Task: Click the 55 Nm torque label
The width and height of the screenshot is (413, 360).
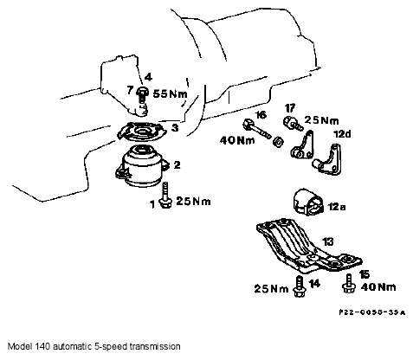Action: pos(170,93)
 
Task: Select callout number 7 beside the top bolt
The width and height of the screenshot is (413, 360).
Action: pos(130,91)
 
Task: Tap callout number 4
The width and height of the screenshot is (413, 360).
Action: pos(148,77)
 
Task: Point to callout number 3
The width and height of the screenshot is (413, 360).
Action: pos(175,127)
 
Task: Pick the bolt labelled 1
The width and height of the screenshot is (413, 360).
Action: pos(165,196)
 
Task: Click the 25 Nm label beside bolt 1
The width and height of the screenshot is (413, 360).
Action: pos(193,201)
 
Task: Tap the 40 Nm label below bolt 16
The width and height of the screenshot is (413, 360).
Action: pos(237,140)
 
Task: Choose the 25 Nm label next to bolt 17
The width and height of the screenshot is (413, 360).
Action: pos(321,120)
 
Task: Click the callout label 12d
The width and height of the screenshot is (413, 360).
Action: pos(342,134)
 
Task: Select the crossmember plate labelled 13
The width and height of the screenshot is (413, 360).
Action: pos(309,246)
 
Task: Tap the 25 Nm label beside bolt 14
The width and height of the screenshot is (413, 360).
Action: pos(271,289)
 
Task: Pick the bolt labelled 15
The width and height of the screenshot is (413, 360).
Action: pos(349,283)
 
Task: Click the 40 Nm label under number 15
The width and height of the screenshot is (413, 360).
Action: pos(378,287)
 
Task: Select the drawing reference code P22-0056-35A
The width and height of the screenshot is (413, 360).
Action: pos(372,312)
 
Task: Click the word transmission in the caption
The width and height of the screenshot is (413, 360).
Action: pos(155,346)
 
